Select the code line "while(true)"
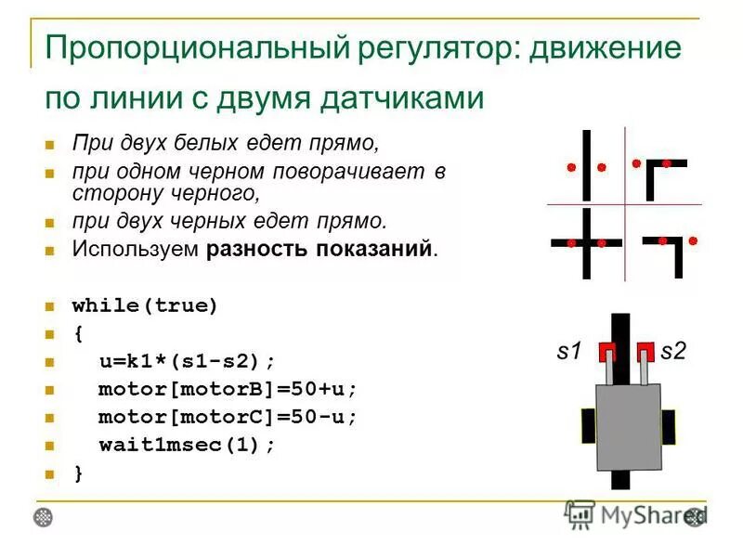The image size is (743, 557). click(145, 306)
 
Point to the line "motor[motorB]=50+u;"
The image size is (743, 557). click(228, 389)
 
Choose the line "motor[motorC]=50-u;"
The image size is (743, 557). click(228, 417)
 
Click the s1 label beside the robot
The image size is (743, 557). click(568, 352)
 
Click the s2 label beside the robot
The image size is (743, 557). click(672, 352)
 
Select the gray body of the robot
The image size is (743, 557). click(628, 426)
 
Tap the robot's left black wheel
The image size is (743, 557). click(588, 426)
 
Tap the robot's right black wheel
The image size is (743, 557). click(668, 426)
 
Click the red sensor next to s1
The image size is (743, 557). click(606, 352)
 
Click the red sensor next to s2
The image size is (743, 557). click(645, 352)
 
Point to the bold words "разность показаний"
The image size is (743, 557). click(319, 250)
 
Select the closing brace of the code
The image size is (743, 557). click(78, 473)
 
